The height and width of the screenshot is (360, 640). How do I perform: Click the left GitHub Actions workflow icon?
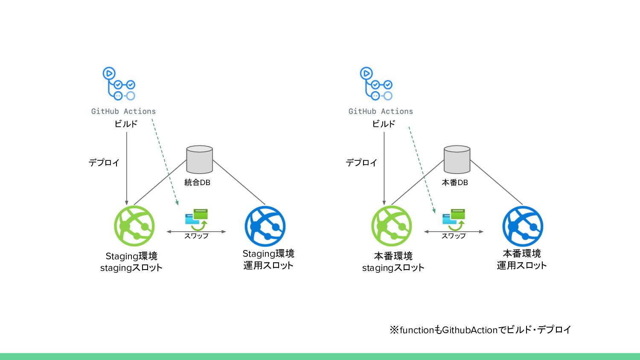pyautogui.click(x=119, y=84)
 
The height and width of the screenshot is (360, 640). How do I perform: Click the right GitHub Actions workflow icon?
pyautogui.click(x=376, y=84)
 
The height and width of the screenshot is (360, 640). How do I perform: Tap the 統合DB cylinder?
pyautogui.click(x=200, y=160)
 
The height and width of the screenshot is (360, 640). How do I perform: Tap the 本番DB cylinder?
pyautogui.click(x=457, y=160)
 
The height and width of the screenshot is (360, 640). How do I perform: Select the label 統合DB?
pyautogui.click(x=197, y=183)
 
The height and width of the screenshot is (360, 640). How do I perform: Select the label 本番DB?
pyautogui.click(x=455, y=183)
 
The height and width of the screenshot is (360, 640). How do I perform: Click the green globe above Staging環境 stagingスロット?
pyautogui.click(x=134, y=226)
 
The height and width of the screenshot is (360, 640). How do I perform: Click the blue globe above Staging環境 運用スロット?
pyautogui.click(x=265, y=226)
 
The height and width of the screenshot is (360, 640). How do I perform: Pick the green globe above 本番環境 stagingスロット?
pyautogui.click(x=391, y=226)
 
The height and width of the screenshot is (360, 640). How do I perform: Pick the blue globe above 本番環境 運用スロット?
pyautogui.click(x=523, y=226)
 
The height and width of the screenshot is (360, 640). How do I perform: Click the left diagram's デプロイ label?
pyautogui.click(x=104, y=163)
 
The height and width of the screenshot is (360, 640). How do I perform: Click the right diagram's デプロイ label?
pyautogui.click(x=361, y=163)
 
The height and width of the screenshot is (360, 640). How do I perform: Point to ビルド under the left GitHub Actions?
pyautogui.click(x=126, y=124)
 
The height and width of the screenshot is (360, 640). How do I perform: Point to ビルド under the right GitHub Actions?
pyautogui.click(x=384, y=124)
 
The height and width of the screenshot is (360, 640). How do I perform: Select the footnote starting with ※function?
pyautogui.click(x=480, y=330)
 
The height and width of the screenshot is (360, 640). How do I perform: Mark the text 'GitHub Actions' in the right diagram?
pyautogui.click(x=381, y=111)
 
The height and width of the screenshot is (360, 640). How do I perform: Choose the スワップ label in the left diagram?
pyautogui.click(x=196, y=236)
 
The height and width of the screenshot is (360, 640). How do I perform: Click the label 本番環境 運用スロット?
pyautogui.click(x=522, y=259)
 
